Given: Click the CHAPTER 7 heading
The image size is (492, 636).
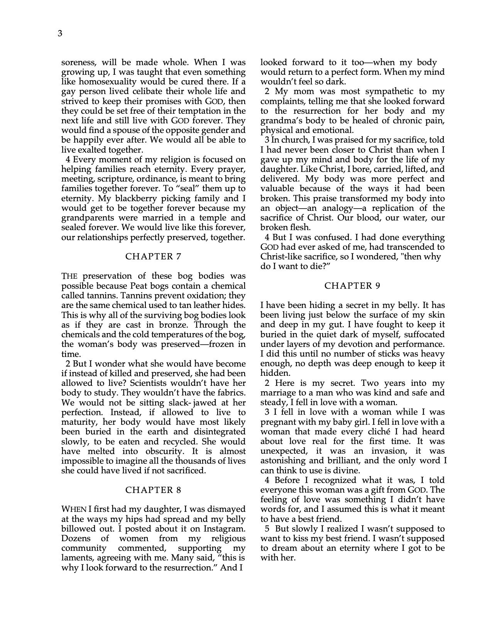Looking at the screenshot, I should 153,257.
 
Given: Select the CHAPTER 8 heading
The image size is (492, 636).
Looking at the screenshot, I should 153,490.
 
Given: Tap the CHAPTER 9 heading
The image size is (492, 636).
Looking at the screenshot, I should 352,286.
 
